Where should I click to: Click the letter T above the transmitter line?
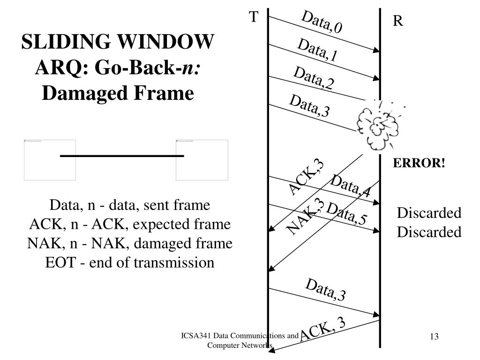coord(254,17)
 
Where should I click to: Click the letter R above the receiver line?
coord(398,21)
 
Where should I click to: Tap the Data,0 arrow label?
coord(322,22)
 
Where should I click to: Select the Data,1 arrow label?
coord(317,51)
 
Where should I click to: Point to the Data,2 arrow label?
coord(314,78)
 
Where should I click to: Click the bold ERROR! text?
coord(419,163)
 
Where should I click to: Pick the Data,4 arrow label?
coord(350,185)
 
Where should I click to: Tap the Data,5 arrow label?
coord(347,214)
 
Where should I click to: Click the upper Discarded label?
coord(429,213)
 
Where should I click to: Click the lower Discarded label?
coord(429,232)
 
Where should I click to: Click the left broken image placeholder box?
coord(50,160)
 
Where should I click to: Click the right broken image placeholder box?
coord(202,160)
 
